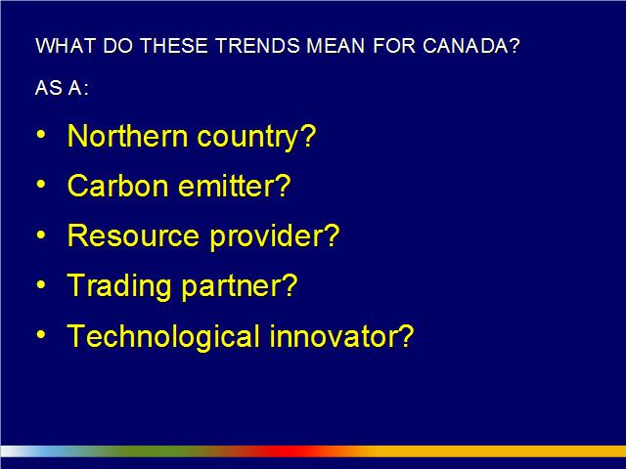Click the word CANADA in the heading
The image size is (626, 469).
[x=471, y=46]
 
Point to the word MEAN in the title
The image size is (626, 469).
[x=335, y=46]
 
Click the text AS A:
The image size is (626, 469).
[x=62, y=88]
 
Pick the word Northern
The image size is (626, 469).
[x=128, y=136]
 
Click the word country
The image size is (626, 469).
[x=256, y=138]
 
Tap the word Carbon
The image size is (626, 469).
[x=118, y=186]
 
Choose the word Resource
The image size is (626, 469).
[x=133, y=235]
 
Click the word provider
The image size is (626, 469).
[x=275, y=237]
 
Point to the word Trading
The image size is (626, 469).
[x=119, y=287]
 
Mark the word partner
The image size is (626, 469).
[x=240, y=287]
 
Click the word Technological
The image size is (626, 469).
[x=163, y=337]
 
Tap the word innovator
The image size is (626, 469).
[x=341, y=336]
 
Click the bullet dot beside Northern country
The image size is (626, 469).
[x=41, y=135]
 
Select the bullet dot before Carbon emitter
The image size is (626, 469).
[x=41, y=185]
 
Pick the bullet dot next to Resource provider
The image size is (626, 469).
[x=41, y=234]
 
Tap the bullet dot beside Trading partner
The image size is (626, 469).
[x=41, y=284]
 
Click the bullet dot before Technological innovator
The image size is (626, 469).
[x=41, y=334]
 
